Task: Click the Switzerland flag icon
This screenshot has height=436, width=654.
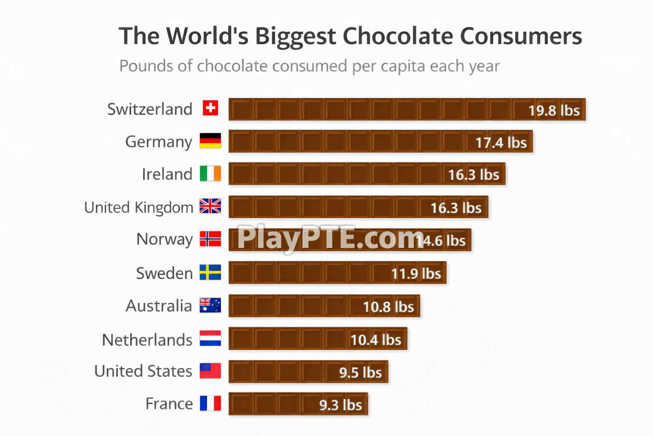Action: (210, 108)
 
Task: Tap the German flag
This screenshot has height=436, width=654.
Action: (210, 141)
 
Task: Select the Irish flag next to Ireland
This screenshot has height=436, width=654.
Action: (210, 174)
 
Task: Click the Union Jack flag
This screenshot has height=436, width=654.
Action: (210, 206)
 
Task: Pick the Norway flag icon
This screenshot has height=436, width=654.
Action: (210, 239)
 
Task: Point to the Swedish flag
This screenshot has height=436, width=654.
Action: (210, 272)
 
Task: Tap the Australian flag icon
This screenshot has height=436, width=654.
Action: (210, 305)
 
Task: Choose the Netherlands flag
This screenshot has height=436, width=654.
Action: (210, 338)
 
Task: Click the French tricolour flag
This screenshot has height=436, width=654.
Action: (210, 403)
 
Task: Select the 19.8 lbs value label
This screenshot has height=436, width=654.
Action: (554, 111)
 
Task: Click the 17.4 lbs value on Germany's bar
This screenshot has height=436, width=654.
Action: (501, 143)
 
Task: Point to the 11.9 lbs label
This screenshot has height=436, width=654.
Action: (416, 274)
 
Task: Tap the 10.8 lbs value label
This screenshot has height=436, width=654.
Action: (388, 307)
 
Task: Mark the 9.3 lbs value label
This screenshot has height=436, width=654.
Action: (341, 405)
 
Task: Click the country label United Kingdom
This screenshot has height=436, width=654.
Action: (139, 208)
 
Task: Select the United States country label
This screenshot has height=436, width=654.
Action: (143, 371)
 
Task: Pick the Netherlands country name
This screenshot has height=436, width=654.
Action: (147, 340)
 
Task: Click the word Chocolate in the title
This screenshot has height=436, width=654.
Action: (398, 36)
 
